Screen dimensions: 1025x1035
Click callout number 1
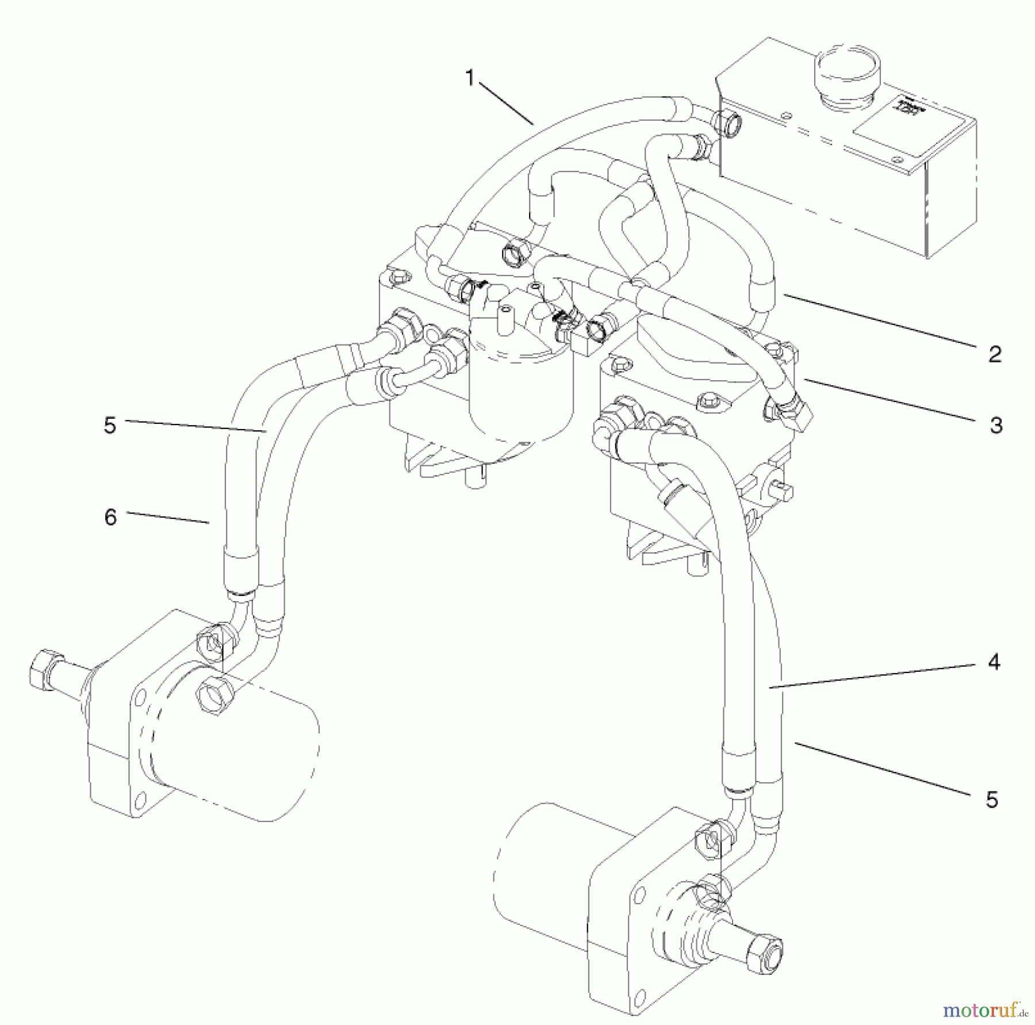pyautogui.click(x=470, y=78)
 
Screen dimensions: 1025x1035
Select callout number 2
pyautogui.click(x=995, y=354)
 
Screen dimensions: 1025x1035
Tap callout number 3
pyautogui.click(x=996, y=426)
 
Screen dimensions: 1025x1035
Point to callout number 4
pyautogui.click(x=994, y=662)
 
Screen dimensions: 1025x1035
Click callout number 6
pyautogui.click(x=110, y=517)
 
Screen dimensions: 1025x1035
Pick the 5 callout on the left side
pyautogui.click(x=110, y=426)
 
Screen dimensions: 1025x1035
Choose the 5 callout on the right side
pyautogui.click(x=992, y=800)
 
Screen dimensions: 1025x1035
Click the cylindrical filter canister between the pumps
pyautogui.click(x=520, y=397)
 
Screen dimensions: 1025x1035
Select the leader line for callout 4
pyautogui.click(x=874, y=675)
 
